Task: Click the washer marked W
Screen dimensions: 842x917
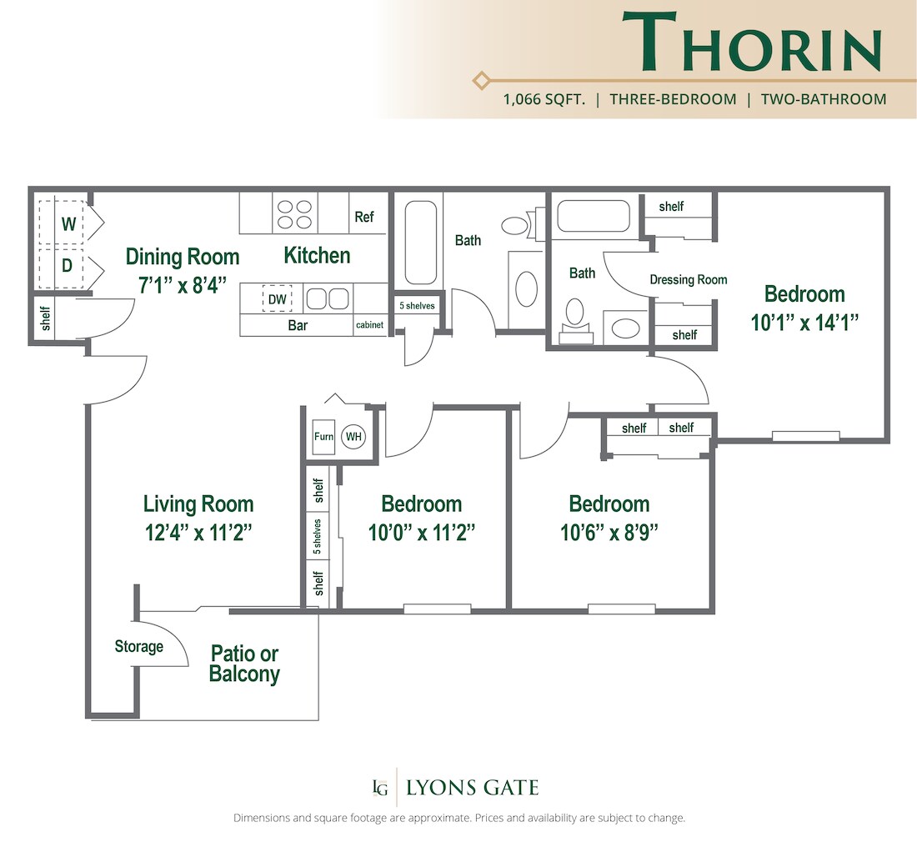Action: click(69, 223)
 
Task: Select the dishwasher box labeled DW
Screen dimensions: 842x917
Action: click(277, 298)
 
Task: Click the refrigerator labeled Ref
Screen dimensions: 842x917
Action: click(364, 217)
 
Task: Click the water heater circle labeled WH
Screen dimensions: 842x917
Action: click(354, 437)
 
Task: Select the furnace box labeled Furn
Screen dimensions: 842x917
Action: click(323, 437)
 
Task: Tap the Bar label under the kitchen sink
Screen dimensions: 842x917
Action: click(298, 325)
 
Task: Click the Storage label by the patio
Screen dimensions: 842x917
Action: click(138, 647)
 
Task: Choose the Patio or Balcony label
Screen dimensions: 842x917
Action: click(244, 664)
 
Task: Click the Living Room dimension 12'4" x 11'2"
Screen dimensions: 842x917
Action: click(198, 532)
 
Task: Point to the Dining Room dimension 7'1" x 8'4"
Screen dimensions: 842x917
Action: click(183, 283)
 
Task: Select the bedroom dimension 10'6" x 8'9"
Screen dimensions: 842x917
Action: click(609, 532)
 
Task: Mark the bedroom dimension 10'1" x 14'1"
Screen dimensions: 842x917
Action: click(804, 322)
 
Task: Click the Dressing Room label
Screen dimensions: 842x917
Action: click(689, 279)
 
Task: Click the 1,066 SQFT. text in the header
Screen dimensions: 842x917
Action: click(544, 99)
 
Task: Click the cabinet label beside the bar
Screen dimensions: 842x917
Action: click(370, 325)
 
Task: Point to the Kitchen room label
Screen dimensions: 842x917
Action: click(317, 255)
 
